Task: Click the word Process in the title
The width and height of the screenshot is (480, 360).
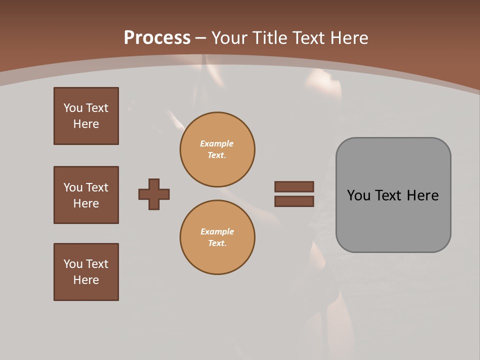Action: (157, 38)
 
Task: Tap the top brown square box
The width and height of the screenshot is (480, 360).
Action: (86, 116)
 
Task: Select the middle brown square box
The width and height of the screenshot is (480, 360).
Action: (86, 195)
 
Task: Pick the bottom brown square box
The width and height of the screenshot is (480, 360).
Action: (86, 272)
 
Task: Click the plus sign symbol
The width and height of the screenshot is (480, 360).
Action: (154, 194)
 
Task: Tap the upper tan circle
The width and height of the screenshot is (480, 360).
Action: (217, 149)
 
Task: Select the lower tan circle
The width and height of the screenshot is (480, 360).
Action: (217, 237)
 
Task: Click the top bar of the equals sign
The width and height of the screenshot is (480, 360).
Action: (294, 186)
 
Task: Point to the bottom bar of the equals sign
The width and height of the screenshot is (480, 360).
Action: (294, 201)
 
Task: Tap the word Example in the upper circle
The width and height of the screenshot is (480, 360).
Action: (217, 143)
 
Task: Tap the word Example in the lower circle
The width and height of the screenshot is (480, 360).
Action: (217, 231)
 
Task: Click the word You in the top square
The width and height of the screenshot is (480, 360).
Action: (72, 108)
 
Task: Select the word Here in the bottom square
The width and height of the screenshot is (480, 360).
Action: (86, 280)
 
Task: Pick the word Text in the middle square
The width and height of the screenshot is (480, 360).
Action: (97, 187)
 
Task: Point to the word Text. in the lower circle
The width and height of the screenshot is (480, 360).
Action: (217, 243)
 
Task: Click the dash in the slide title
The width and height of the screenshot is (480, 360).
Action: (201, 38)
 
